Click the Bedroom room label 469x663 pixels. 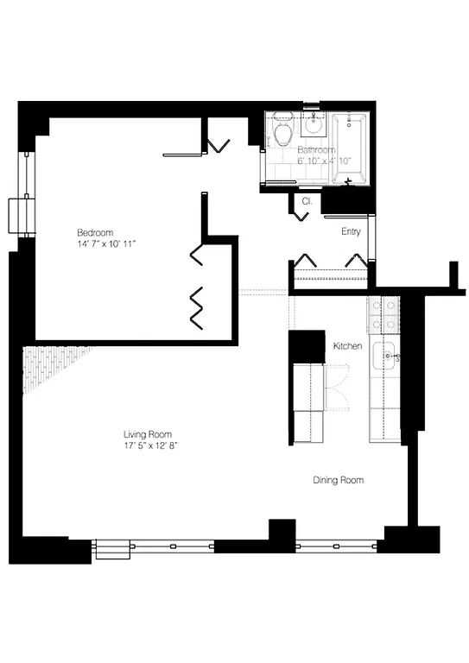(95, 233)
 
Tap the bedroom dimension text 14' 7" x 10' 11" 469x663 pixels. (106, 245)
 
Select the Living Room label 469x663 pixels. (148, 434)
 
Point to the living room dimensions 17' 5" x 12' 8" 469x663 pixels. (151, 445)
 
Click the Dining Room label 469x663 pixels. (338, 480)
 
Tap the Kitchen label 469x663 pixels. (347, 346)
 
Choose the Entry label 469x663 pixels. (351, 231)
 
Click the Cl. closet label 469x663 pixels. (306, 201)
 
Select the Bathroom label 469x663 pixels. (318, 149)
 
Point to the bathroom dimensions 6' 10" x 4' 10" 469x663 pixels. (325, 161)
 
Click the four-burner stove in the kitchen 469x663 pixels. (383, 315)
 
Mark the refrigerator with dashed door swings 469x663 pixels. (308, 401)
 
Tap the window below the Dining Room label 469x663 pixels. (337, 546)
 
